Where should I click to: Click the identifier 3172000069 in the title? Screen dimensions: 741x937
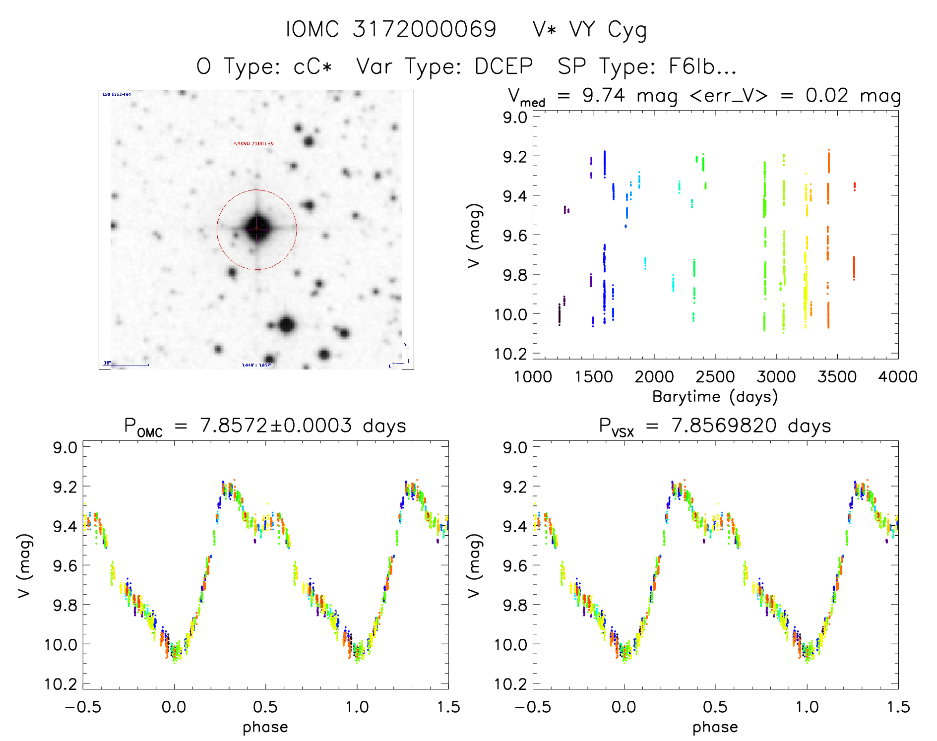(424, 29)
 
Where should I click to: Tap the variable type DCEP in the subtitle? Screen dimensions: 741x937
(503, 66)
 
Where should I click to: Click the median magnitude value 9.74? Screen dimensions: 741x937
(604, 95)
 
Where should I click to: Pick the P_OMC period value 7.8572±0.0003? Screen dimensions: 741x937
(275, 426)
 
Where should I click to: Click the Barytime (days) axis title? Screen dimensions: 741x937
(715, 396)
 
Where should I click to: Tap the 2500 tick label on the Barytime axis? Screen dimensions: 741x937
(715, 376)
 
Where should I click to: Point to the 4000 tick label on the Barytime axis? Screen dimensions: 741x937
(897, 376)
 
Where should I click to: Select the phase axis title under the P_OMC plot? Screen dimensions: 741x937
(265, 727)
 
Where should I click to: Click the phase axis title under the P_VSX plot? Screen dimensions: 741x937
(715, 727)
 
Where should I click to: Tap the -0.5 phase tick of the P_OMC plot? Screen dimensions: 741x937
(82, 707)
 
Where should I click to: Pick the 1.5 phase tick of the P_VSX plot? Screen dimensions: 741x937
(897, 707)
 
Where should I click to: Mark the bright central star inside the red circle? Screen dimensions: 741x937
(257, 229)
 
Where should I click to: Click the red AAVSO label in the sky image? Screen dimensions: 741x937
(253, 143)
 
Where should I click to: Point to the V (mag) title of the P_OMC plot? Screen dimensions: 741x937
(24, 565)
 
